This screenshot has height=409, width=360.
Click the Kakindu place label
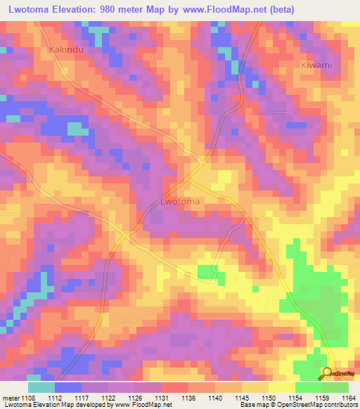(66, 50)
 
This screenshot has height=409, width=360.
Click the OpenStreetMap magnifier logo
(327, 375)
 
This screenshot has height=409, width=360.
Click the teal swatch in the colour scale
(41, 387)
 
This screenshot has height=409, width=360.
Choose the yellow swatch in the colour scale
(281, 387)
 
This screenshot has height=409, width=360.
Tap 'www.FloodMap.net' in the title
(222, 9)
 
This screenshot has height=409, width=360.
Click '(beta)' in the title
(280, 9)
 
